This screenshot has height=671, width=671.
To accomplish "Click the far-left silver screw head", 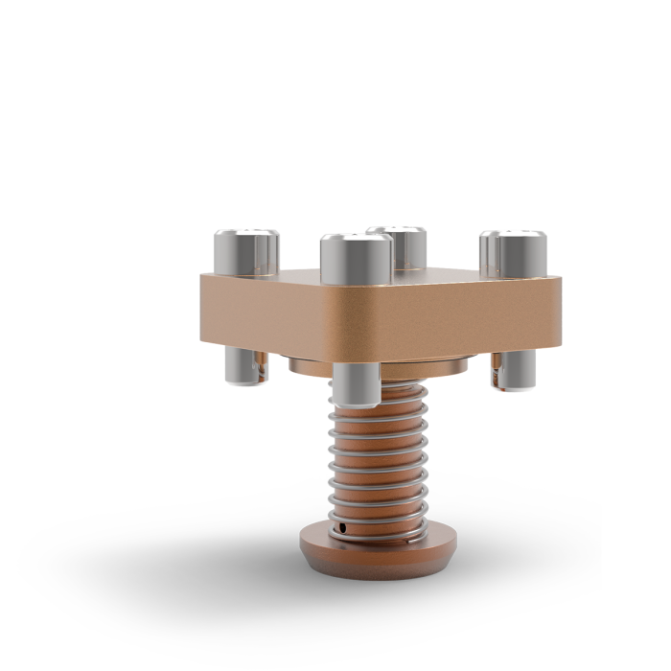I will click(x=246, y=252).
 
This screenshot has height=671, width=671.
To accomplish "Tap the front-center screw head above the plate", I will click(x=356, y=259).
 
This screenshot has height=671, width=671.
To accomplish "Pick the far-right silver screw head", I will click(x=514, y=251).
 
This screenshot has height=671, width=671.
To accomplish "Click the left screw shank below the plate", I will click(x=243, y=364).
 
